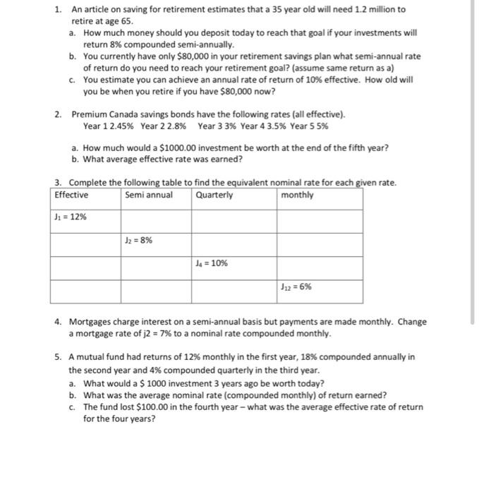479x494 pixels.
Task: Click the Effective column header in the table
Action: (71, 195)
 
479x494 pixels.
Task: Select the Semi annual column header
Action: (148, 195)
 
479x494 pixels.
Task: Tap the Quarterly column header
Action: (214, 195)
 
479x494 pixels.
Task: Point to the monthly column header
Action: (297, 195)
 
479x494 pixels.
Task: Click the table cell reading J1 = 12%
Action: (71, 217)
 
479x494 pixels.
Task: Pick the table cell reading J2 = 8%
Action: (139, 240)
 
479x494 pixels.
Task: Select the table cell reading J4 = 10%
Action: (212, 263)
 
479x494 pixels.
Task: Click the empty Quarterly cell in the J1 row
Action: (234, 221)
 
